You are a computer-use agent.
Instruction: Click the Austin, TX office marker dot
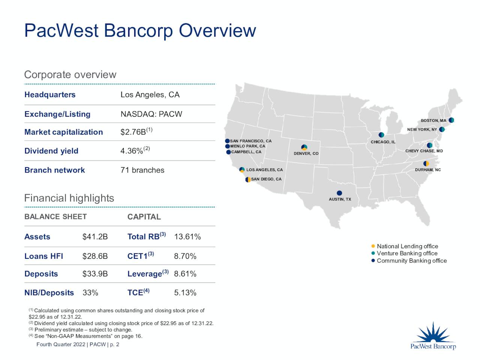click(339, 193)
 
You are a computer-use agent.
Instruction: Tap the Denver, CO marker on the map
click(304, 147)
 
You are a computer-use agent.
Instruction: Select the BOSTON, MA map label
click(433, 121)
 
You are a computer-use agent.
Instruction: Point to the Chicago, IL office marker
click(381, 135)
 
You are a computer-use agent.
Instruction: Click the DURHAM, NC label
click(428, 170)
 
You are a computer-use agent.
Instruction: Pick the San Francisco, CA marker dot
click(227, 141)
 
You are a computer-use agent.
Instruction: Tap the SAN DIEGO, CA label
click(266, 179)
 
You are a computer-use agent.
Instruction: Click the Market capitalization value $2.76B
click(133, 132)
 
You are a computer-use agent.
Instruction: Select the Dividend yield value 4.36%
click(132, 151)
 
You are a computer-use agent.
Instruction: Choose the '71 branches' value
click(142, 170)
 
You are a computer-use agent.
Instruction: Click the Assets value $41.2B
click(95, 237)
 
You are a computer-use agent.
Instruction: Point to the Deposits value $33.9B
click(95, 274)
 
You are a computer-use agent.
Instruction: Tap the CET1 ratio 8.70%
click(185, 256)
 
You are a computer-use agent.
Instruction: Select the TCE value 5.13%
click(185, 292)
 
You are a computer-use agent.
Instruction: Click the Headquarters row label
click(50, 95)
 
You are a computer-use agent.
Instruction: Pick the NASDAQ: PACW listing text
click(151, 114)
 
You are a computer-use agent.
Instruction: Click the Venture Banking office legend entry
click(407, 253)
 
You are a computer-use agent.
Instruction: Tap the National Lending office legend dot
click(373, 246)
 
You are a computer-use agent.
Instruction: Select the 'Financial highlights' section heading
click(69, 198)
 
